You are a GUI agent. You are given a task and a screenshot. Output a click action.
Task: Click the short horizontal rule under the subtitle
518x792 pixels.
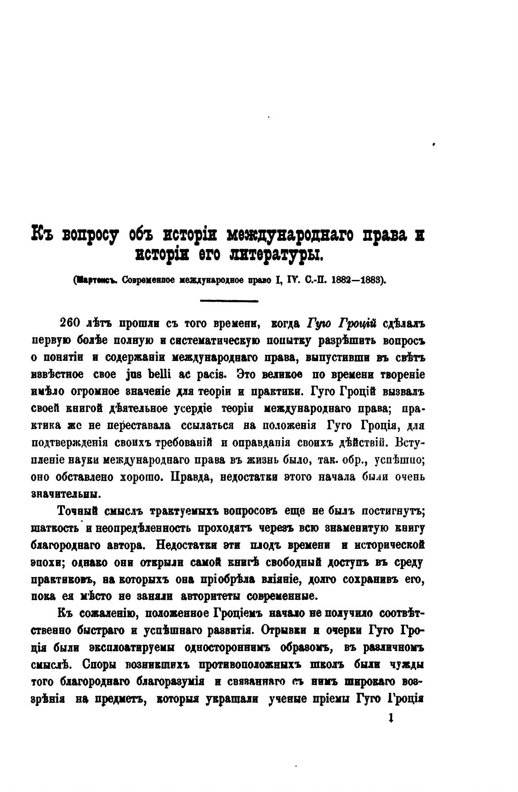[x=229, y=300]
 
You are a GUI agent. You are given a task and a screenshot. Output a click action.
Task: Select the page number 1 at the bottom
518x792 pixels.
[x=390, y=718]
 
